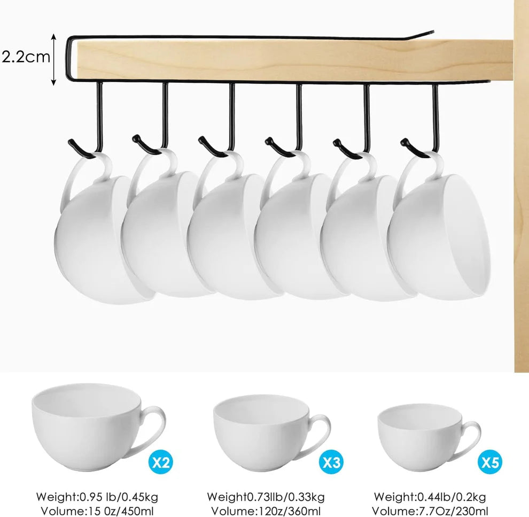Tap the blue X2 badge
click(160, 462)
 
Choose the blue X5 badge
click(490, 462)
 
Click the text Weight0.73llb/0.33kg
click(265, 497)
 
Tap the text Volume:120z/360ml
click(265, 511)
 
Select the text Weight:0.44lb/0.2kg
click(430, 497)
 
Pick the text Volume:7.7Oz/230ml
click(430, 511)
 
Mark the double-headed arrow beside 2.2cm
click(54, 59)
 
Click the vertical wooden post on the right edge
click(521, 214)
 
